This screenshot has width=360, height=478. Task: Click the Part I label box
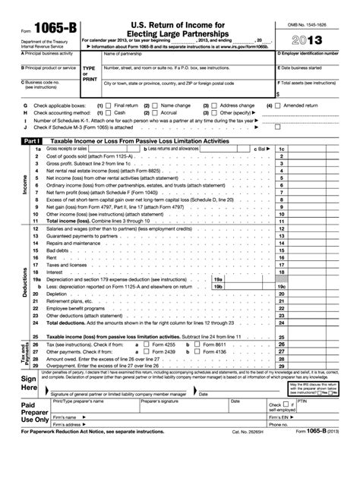coord(30,141)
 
